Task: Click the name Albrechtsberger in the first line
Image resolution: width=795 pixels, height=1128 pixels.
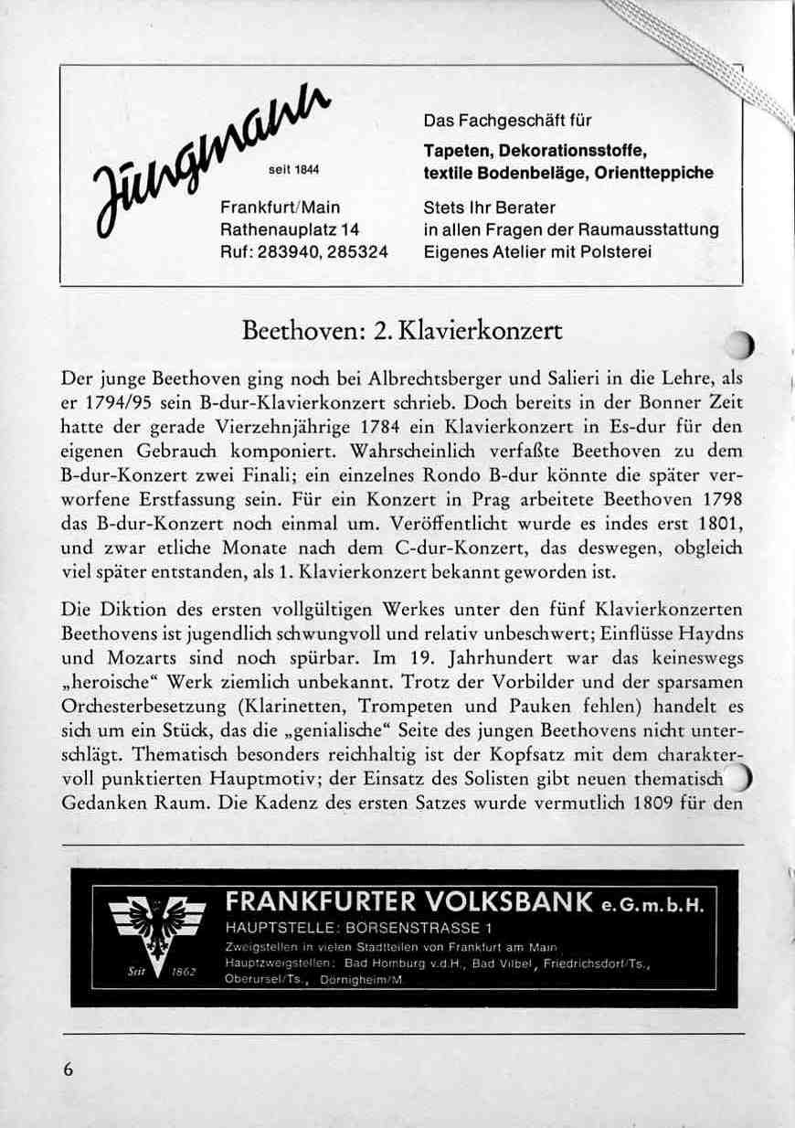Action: coord(436,378)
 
